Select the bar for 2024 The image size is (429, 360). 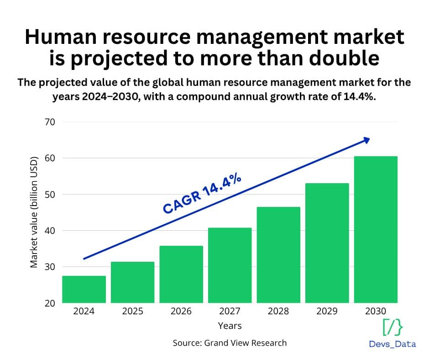click(x=84, y=289)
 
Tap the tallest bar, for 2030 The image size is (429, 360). click(x=376, y=229)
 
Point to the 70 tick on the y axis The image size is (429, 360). click(x=49, y=122)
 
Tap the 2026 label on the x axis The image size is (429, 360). click(x=181, y=312)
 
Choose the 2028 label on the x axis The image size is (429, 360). click(x=278, y=312)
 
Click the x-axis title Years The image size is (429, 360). click(x=230, y=326)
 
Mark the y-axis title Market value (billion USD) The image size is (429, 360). click(x=34, y=212)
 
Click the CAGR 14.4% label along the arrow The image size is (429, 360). click(x=202, y=194)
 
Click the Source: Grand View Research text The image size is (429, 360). click(x=230, y=343)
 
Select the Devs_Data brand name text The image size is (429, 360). click(x=392, y=344)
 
